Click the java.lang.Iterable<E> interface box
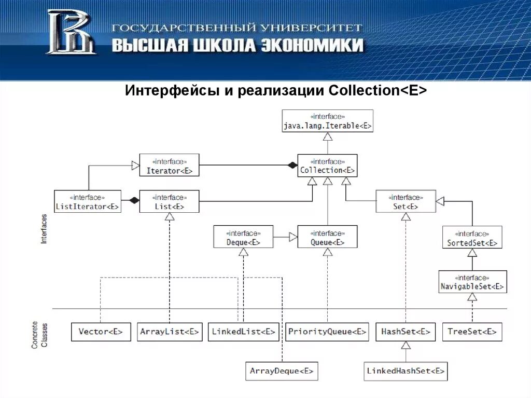coord(327,121)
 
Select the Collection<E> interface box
coord(327,166)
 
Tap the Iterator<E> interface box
coord(169,165)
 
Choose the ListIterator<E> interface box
coord(87,201)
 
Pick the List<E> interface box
coord(169,201)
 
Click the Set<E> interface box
coord(406,201)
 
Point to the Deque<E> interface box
coord(243,237)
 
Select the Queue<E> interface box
coord(327,237)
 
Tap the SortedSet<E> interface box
coord(472,237)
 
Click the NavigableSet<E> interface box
coord(472,281)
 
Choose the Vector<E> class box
coord(101,332)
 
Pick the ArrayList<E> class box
coord(169,332)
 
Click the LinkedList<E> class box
coord(243,332)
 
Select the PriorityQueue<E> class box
coord(327,332)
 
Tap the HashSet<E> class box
coord(406,332)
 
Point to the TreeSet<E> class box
coord(472,332)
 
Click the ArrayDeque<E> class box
coord(281,371)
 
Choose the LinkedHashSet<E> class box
coord(406,371)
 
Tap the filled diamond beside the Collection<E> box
coord(292,166)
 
